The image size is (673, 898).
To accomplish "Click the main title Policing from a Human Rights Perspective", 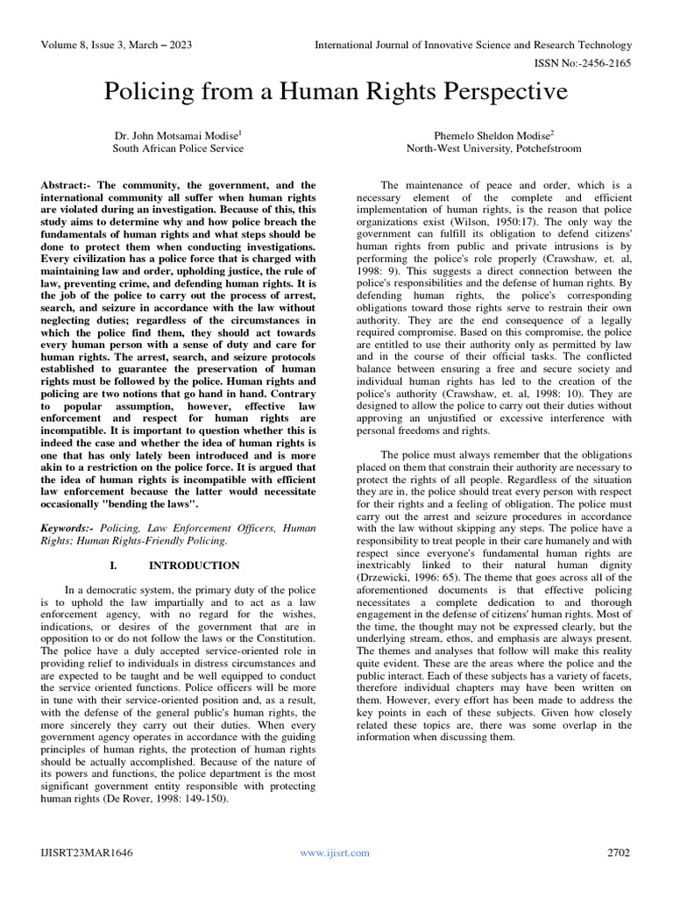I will pyautogui.click(x=336, y=92).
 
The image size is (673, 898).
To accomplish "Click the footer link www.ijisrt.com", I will pyautogui.click(x=335, y=852).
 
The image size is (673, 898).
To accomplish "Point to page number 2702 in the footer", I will pyautogui.click(x=618, y=852).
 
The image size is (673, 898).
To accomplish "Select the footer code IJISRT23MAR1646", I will pyautogui.click(x=88, y=852).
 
